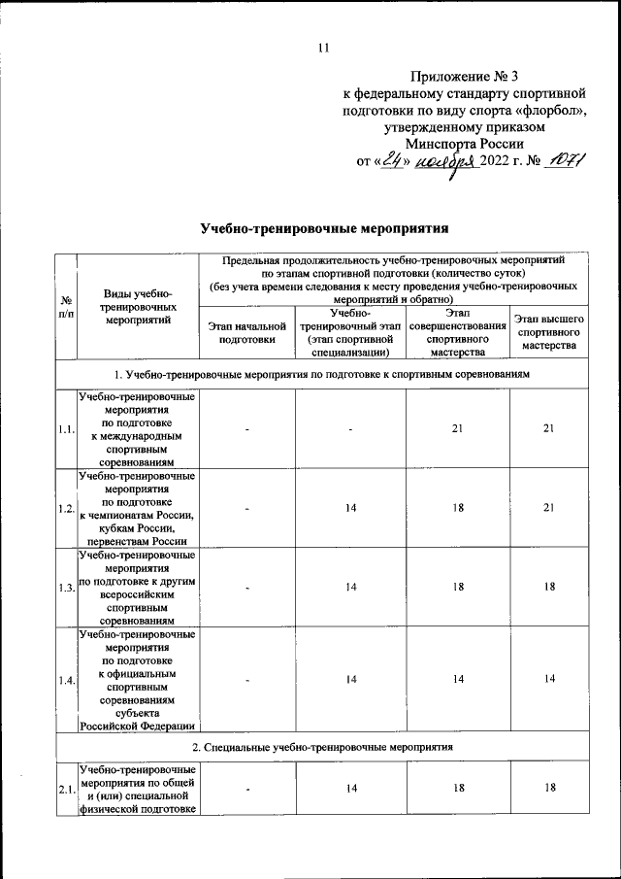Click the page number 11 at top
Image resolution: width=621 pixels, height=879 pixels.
[324, 49]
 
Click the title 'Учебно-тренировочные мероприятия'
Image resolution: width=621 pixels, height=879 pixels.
[324, 230]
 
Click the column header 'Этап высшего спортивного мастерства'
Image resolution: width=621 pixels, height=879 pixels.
[549, 333]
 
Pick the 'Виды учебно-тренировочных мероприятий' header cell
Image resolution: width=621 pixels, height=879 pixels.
[136, 306]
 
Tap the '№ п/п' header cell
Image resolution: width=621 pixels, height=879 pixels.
[65, 307]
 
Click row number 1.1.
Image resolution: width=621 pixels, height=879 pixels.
[66, 430]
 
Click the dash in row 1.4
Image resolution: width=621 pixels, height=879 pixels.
[247, 680]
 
